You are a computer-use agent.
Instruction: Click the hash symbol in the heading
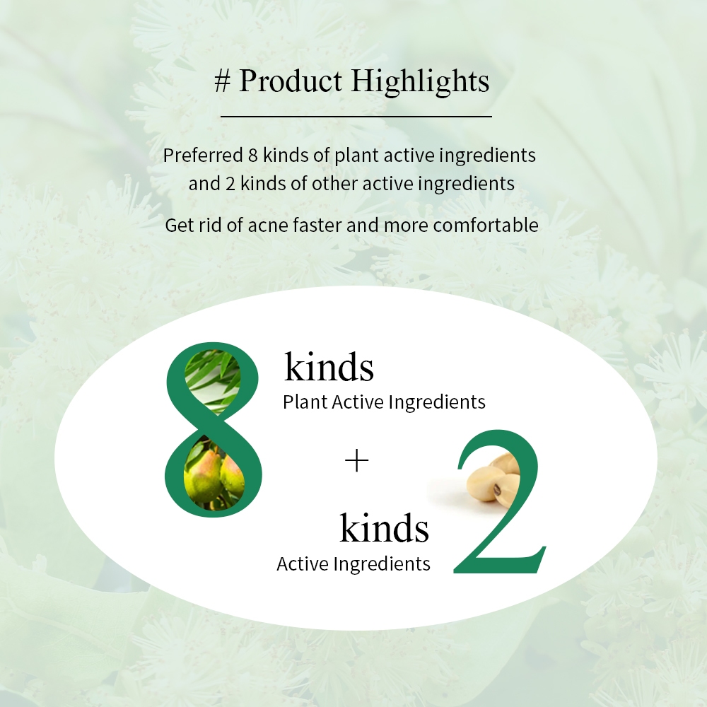[x=222, y=81]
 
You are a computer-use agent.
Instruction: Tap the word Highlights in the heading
[x=420, y=81]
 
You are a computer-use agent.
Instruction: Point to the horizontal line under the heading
[x=356, y=117]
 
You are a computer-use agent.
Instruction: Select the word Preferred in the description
[x=203, y=155]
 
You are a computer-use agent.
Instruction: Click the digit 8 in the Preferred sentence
[x=252, y=155]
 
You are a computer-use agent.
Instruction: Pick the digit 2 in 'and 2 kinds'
[x=230, y=184]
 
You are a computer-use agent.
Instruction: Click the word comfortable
[x=486, y=225]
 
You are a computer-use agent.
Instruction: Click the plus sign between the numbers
[x=356, y=460]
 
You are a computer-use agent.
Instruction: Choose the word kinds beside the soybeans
[x=384, y=527]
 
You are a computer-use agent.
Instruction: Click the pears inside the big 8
[x=215, y=475]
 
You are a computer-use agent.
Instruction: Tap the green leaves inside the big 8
[x=213, y=380]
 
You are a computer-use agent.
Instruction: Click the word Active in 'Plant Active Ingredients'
[x=358, y=402]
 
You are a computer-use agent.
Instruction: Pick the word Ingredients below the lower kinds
[x=382, y=564]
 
